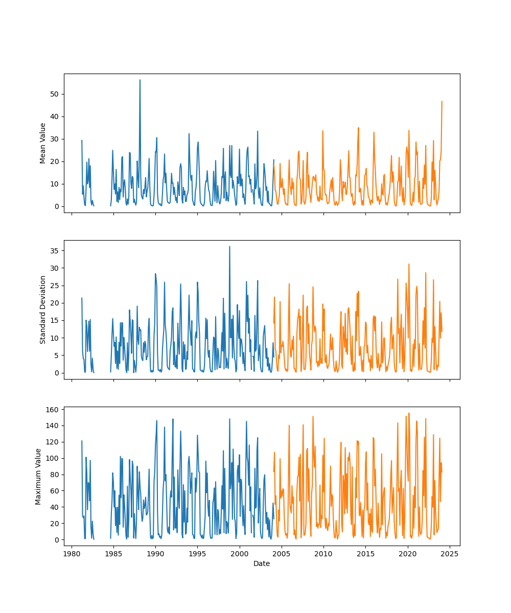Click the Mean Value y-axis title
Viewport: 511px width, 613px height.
tap(43, 143)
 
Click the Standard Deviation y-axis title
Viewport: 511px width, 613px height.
tap(43, 310)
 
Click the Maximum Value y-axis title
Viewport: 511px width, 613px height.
tap(38, 476)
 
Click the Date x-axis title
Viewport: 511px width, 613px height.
tap(262, 563)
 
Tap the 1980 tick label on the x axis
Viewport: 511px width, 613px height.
tap(72, 553)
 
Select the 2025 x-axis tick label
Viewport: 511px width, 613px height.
tap(450, 553)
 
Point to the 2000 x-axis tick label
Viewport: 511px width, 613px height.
tap(240, 553)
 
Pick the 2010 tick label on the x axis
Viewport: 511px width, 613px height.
tap(323, 553)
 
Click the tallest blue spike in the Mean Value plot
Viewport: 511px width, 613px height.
tap(140, 80)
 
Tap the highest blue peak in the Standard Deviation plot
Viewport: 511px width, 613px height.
tap(229, 247)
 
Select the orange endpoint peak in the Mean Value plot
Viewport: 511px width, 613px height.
tap(442, 102)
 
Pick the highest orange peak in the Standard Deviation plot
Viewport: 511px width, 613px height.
tap(409, 264)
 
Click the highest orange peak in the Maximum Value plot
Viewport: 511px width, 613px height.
tap(409, 413)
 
